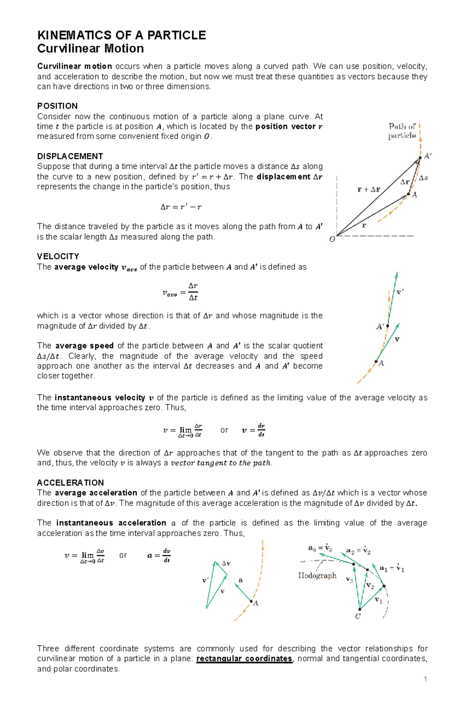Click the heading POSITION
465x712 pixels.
[x=57, y=106]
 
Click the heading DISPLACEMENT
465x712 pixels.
[x=70, y=157]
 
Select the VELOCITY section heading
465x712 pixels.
[x=58, y=256]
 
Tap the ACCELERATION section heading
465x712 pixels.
[x=71, y=483]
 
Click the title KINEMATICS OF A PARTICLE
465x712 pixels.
[x=121, y=35]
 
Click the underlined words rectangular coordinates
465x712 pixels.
[x=244, y=659]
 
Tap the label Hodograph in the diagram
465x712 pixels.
[x=317, y=576]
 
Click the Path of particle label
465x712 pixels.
[x=402, y=131]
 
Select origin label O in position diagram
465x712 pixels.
[x=332, y=240]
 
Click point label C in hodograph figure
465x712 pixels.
[x=358, y=616]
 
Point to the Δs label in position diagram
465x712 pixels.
[x=424, y=178]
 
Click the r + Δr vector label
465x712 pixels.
[x=369, y=190]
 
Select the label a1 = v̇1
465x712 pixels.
[x=392, y=569]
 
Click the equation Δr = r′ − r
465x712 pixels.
[x=181, y=207]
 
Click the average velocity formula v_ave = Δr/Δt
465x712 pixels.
[x=180, y=292]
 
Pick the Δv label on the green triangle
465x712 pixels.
[x=226, y=564]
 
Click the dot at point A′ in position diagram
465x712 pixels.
[x=420, y=158]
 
